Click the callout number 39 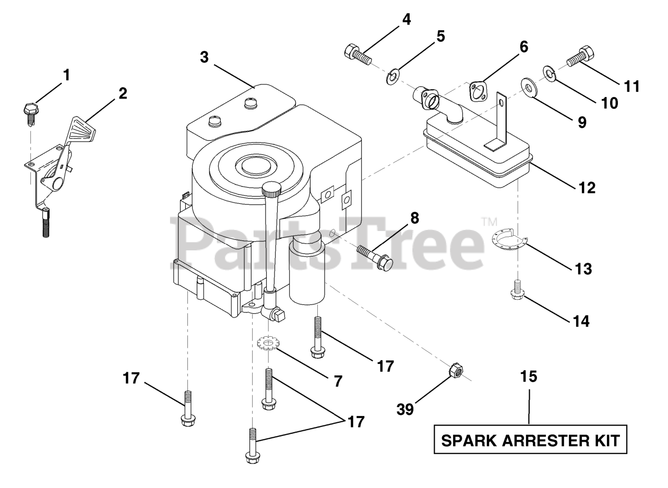point(405,409)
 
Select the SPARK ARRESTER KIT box point(530,441)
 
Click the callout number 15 point(529,376)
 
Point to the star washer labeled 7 point(269,343)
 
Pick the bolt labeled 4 point(357,53)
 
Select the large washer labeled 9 point(529,87)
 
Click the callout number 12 point(587,187)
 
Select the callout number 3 point(204,57)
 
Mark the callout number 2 point(122,93)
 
